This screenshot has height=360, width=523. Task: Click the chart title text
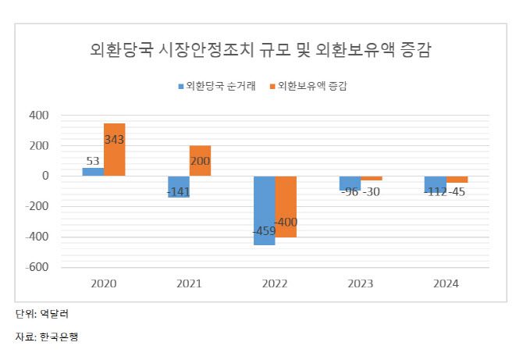pyautogui.click(x=261, y=51)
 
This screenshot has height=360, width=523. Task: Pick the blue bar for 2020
pyautogui.click(x=94, y=172)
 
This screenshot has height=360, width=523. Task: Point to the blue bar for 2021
pyautogui.click(x=179, y=187)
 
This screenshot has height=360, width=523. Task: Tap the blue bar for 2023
pyautogui.click(x=350, y=184)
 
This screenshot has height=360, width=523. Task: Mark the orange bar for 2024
pyautogui.click(x=457, y=180)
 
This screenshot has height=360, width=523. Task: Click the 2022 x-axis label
pyautogui.click(x=275, y=284)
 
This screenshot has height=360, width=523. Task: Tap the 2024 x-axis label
pyautogui.click(x=446, y=284)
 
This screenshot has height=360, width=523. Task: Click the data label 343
pyautogui.click(x=114, y=140)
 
